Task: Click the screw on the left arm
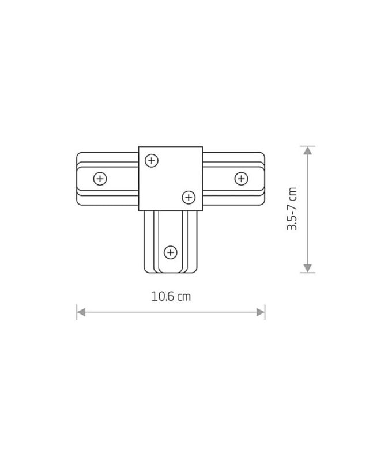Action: (x=100, y=179)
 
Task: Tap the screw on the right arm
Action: (x=241, y=179)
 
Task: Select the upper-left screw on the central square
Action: (x=151, y=160)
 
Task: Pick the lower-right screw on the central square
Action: (x=189, y=198)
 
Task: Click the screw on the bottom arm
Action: (x=170, y=252)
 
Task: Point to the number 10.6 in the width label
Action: (x=163, y=297)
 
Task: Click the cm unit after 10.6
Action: (x=184, y=297)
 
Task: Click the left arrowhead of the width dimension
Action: (x=81, y=312)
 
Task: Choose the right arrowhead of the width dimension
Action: (x=261, y=312)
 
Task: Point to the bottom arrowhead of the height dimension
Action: (x=308, y=268)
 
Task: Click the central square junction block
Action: (x=170, y=179)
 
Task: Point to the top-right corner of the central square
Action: (x=202, y=146)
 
